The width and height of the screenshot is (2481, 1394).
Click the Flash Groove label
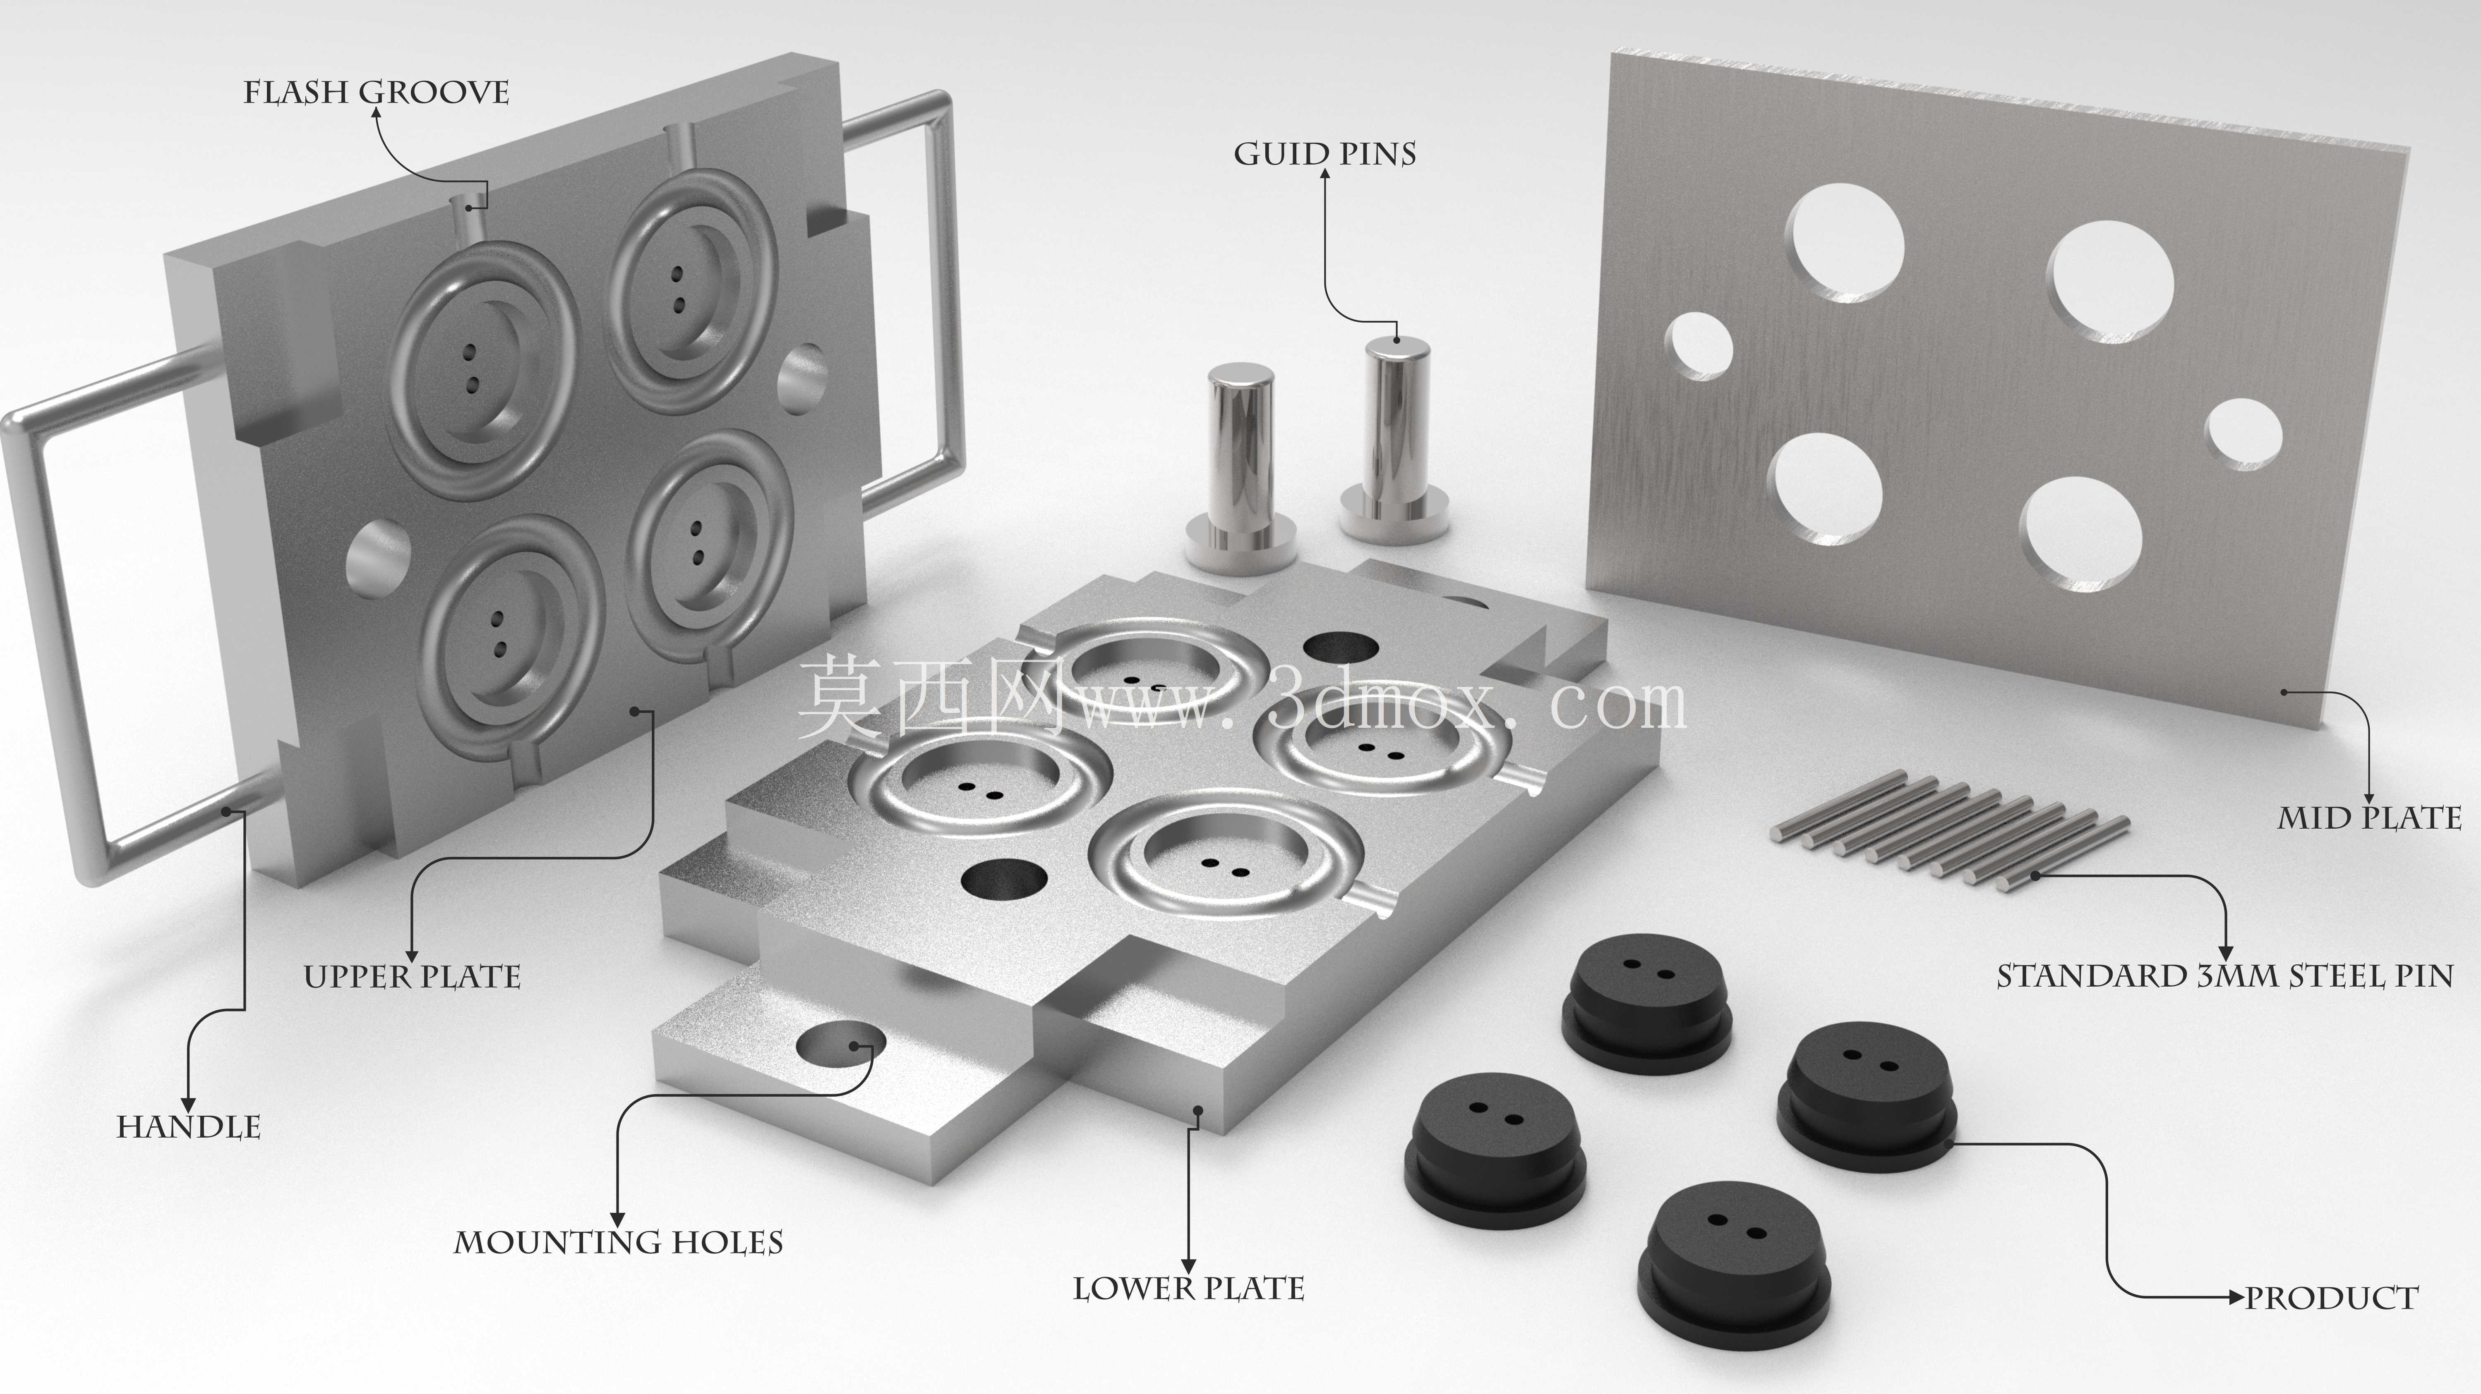pyautogui.click(x=376, y=92)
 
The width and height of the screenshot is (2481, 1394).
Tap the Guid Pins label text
pyautogui.click(x=1325, y=154)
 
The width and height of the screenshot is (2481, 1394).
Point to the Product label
pyautogui.click(x=2331, y=1298)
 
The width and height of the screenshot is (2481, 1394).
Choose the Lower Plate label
pyautogui.click(x=1188, y=1288)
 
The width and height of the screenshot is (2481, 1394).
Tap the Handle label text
pyautogui.click(x=189, y=1127)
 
